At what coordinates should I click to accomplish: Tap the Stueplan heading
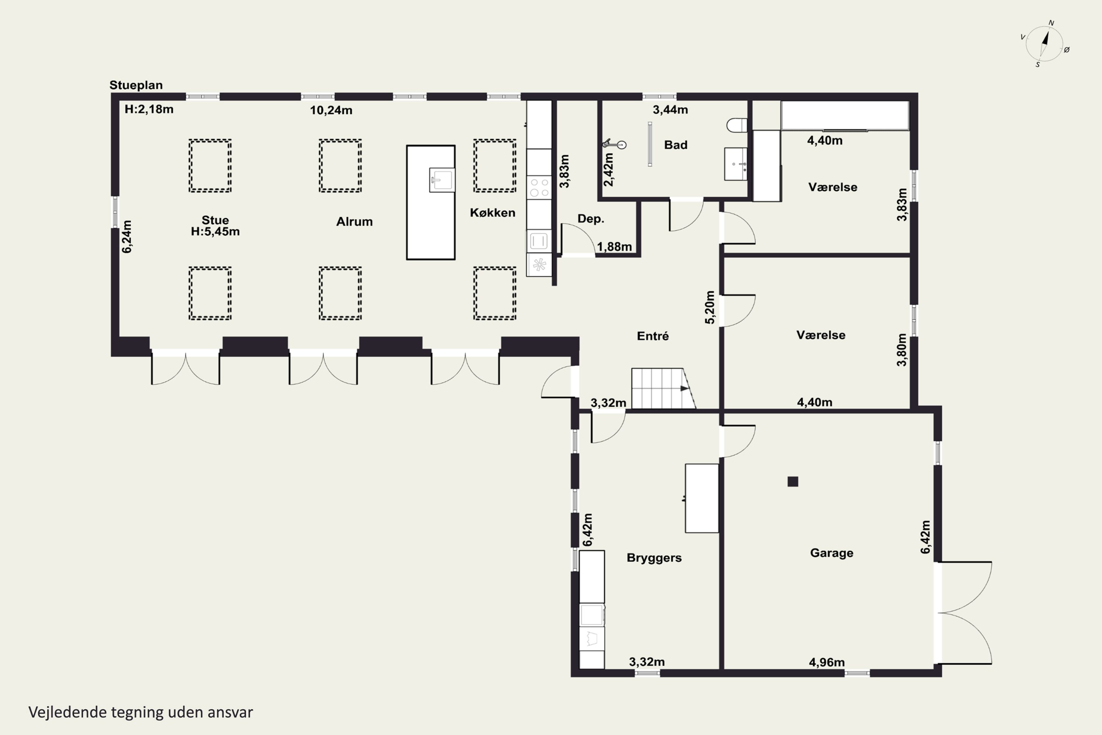coord(136,85)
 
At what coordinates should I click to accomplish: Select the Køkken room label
coord(493,213)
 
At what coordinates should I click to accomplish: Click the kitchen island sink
coord(442,180)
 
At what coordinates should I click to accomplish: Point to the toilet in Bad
coord(737,125)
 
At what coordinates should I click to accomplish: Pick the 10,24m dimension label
coord(331,110)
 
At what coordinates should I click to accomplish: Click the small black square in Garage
coord(793,481)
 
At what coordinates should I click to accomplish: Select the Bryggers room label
coord(654,558)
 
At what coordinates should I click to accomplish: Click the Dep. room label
coord(591,219)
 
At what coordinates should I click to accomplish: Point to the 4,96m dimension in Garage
coord(826,662)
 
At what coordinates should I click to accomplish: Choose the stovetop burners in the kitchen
coord(539,187)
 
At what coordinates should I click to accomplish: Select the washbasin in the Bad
coord(736,164)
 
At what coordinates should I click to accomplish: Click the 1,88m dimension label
coord(614,247)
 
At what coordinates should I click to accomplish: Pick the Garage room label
coord(832,553)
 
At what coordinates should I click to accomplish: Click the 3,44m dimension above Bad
coord(670,110)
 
